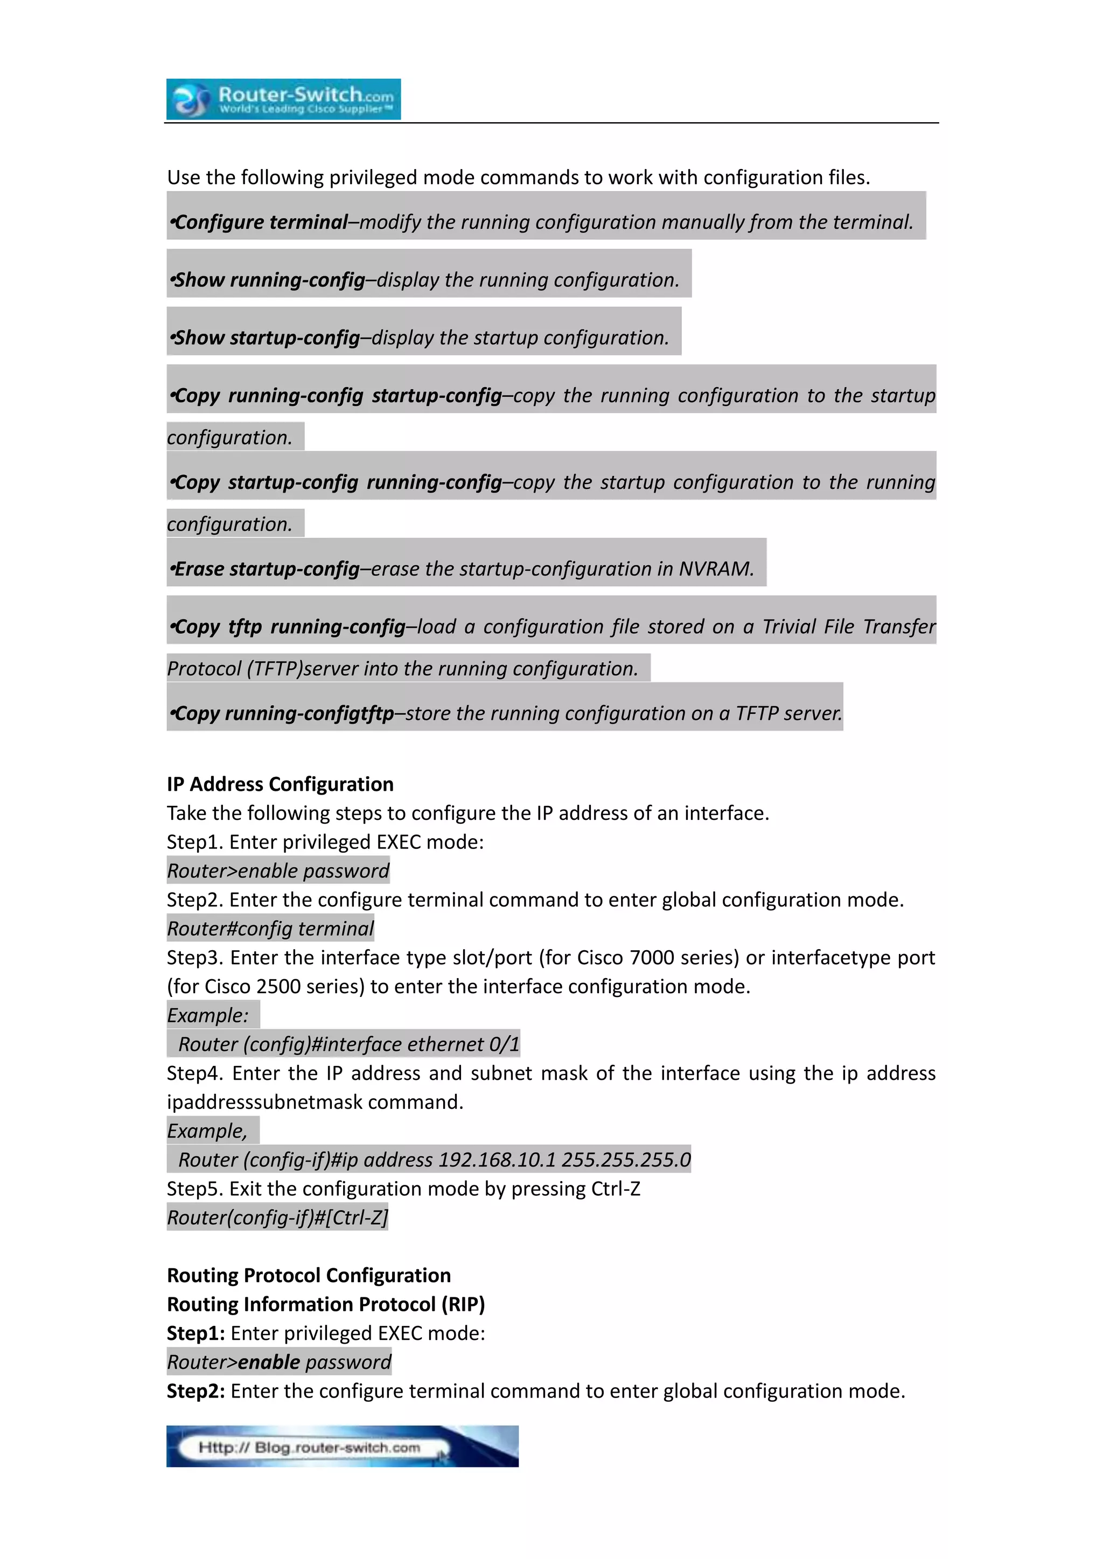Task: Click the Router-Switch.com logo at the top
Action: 283,99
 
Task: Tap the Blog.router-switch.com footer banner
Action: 343,1447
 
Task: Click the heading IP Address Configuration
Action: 280,784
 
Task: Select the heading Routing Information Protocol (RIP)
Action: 326,1304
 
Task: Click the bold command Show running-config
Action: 270,280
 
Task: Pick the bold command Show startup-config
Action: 267,338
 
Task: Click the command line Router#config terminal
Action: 270,928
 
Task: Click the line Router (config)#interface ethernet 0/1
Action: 348,1044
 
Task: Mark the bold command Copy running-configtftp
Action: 284,713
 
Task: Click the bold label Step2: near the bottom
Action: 196,1391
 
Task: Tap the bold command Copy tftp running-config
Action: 290,626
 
